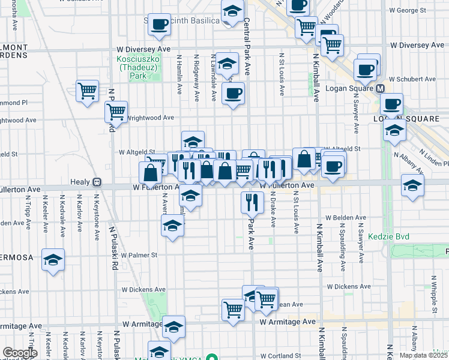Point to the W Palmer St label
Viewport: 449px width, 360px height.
[139, 254]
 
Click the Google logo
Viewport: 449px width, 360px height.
[20, 353]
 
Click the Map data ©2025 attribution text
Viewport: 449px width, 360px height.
[423, 355]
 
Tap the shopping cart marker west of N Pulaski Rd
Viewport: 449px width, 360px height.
[88, 91]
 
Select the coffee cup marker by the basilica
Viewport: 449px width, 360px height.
[159, 24]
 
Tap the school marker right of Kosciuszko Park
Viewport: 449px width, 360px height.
[228, 63]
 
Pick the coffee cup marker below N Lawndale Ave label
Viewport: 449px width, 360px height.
[234, 93]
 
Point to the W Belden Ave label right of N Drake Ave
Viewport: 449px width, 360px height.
[345, 218]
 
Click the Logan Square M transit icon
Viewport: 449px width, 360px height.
[380, 88]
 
